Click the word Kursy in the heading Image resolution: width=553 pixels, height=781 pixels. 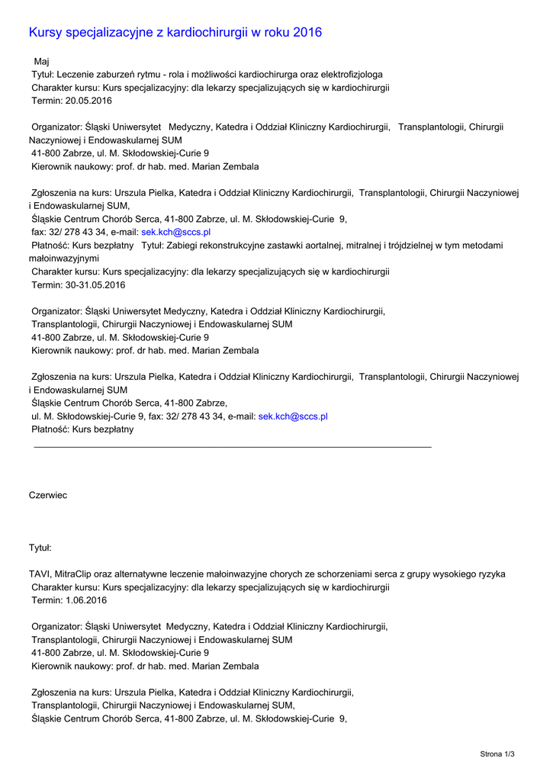(x=45, y=32)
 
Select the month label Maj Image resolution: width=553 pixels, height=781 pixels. (x=42, y=61)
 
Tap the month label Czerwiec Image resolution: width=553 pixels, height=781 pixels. (x=47, y=495)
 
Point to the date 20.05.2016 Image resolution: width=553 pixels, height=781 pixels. (x=88, y=101)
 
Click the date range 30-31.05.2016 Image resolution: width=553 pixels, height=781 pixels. (x=95, y=285)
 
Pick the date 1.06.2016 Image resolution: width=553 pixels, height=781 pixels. (x=85, y=600)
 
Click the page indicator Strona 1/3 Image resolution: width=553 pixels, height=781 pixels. (x=497, y=754)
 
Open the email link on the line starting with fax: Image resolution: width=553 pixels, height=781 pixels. (x=176, y=232)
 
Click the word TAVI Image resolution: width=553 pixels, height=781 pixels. (x=40, y=574)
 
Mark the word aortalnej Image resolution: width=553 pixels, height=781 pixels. (x=309, y=246)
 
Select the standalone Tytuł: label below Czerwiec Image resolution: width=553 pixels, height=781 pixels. (x=40, y=548)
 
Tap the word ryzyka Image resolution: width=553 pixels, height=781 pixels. (x=490, y=574)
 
